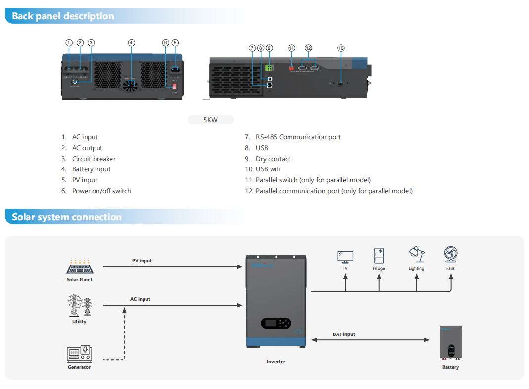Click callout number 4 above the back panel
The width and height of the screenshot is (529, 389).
[131, 43]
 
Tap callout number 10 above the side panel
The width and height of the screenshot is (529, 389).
[341, 48]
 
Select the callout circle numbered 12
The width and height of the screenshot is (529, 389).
[308, 48]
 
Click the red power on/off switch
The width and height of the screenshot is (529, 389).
[175, 86]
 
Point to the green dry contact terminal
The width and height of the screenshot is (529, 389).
[269, 68]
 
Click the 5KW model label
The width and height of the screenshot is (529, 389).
[210, 120]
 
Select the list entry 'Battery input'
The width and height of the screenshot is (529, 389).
[91, 169]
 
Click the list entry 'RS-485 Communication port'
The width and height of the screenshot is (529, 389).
[298, 137]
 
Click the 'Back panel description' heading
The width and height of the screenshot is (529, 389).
[63, 16]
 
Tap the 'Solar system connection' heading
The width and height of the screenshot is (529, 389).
[66, 217]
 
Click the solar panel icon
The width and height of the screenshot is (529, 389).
[79, 267]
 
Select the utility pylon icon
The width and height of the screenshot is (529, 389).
[79, 306]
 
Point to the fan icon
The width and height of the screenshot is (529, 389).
[450, 255]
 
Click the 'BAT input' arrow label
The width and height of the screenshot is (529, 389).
[343, 334]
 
